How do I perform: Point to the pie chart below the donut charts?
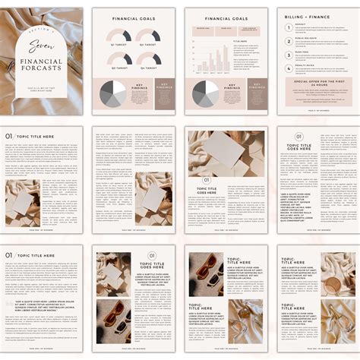pyautogui.click(x=113, y=94)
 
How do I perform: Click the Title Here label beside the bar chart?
pyautogui.click(x=242, y=40)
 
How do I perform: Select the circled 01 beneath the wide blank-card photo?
pyautogui.click(x=205, y=181)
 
